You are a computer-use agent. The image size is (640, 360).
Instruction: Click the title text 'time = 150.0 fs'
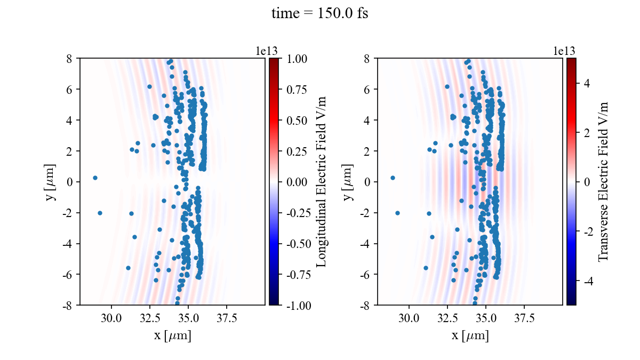tap(319, 14)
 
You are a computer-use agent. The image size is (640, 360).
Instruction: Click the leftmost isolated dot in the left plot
tap(95, 178)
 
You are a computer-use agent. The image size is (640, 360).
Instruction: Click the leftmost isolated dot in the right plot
tap(393, 178)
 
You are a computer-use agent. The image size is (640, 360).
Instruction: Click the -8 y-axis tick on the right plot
tap(367, 305)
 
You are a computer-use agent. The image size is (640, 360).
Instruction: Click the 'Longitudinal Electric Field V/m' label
tap(321, 181)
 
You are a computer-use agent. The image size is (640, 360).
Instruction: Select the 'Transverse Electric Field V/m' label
tap(603, 181)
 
